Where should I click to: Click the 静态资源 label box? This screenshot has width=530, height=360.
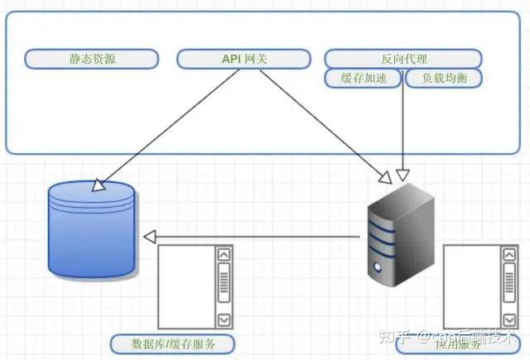(91, 59)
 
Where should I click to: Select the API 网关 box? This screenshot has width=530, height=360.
(244, 59)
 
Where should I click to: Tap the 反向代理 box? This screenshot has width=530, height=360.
(402, 59)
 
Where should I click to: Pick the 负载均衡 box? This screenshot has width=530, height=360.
(443, 79)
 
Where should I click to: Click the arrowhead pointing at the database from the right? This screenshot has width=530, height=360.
(149, 238)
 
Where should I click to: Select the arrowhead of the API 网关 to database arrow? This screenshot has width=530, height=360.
(97, 186)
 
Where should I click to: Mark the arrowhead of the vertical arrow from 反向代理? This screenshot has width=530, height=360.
(402, 175)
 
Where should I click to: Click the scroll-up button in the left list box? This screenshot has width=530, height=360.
(223, 255)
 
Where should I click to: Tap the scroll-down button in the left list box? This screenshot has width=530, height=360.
(223, 319)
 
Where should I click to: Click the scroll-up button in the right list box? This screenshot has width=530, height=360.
(508, 255)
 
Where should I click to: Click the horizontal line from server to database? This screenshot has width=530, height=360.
(257, 238)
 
